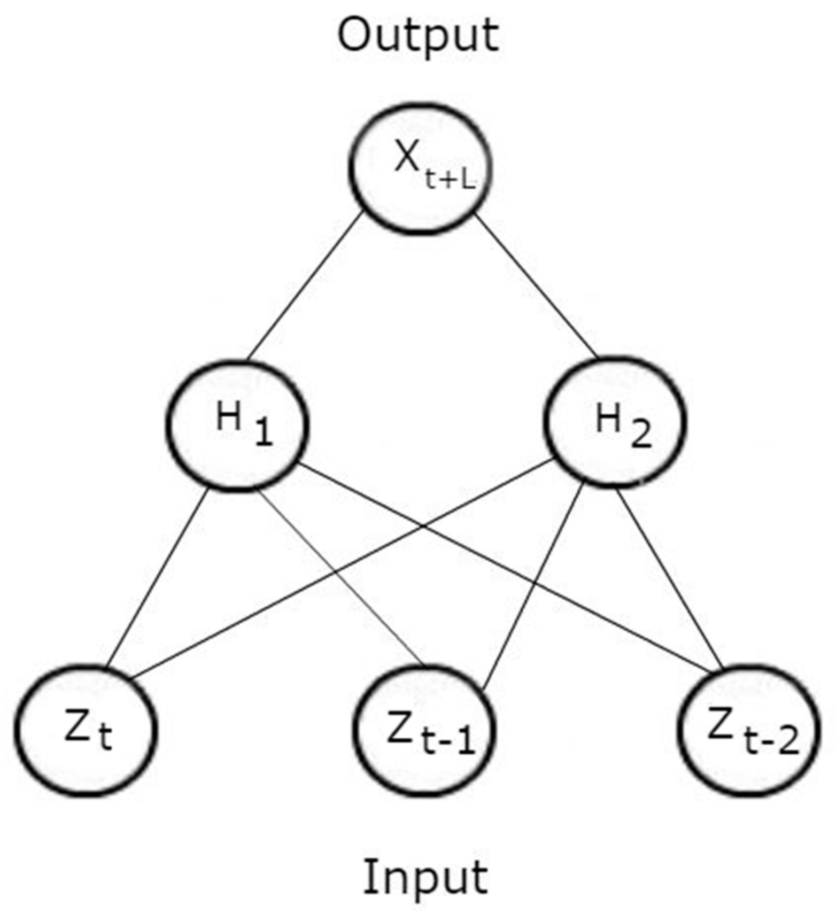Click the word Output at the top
click(418, 35)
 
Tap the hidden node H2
click(614, 422)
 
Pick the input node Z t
click(86, 731)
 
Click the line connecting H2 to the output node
click(536, 285)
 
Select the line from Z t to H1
click(158, 577)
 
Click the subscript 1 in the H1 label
click(263, 433)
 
